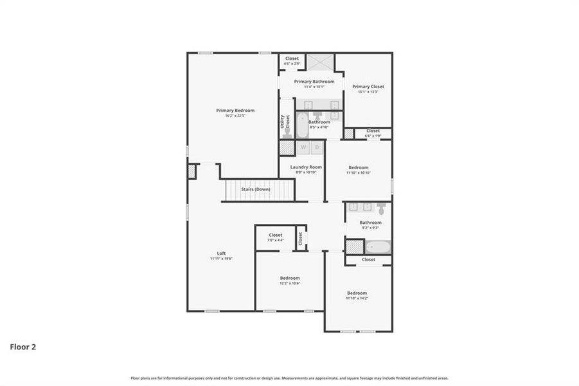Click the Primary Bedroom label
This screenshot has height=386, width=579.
coord(235,111)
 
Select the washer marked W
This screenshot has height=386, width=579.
coord(303,148)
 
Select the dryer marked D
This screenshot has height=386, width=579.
coord(317,148)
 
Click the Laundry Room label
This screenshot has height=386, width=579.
coord(306,167)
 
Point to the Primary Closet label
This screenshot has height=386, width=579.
coord(368,87)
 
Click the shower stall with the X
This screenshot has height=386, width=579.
coord(319,62)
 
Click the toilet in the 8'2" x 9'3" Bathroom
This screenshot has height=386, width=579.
coord(382,208)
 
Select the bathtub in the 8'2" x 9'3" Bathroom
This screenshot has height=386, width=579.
coord(379,246)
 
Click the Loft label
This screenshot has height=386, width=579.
coord(221,253)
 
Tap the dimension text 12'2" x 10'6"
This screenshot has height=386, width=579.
coord(290,283)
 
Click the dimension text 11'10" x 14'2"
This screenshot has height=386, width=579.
coord(357,298)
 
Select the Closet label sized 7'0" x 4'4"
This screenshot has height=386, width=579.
coord(276,235)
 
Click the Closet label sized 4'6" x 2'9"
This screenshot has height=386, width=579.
coord(292,59)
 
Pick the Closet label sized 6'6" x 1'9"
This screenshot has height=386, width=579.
coord(373,131)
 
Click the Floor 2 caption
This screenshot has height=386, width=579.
coord(22,347)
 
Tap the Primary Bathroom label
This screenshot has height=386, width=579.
coord(314,82)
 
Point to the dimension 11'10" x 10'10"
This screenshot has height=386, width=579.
coord(359,172)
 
